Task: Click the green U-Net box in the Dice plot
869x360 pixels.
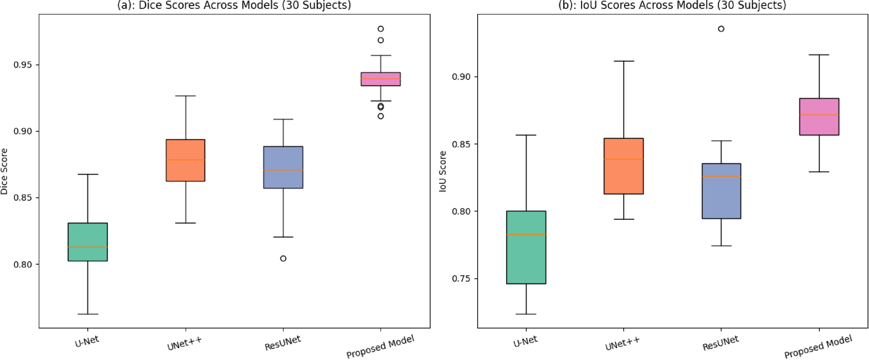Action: click(88, 242)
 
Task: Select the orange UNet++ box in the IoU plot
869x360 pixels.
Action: click(624, 166)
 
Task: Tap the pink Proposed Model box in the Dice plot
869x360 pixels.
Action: click(381, 79)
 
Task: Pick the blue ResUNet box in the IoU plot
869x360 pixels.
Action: click(721, 191)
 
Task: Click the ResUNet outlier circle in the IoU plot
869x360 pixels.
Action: click(721, 29)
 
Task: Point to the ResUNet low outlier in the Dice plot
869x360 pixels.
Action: click(283, 259)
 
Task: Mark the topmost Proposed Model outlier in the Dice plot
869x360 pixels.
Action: click(381, 29)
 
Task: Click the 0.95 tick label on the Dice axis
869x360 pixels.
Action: click(23, 65)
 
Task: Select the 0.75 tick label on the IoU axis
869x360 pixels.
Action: click(461, 279)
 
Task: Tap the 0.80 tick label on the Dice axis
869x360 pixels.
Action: click(23, 264)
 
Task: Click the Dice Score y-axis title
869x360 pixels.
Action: click(5, 171)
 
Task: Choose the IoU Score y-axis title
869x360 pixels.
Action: click(443, 171)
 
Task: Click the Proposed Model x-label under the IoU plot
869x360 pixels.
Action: click(818, 346)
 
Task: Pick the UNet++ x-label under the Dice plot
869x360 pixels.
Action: click(185, 344)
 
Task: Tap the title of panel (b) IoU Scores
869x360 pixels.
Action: click(672, 6)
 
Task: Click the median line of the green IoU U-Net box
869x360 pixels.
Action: click(526, 235)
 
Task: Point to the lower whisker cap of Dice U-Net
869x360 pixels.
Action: click(88, 314)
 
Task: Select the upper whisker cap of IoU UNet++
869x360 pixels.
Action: click(624, 61)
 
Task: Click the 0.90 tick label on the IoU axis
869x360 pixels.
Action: click(461, 77)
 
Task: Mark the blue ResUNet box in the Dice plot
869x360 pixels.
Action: click(283, 167)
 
